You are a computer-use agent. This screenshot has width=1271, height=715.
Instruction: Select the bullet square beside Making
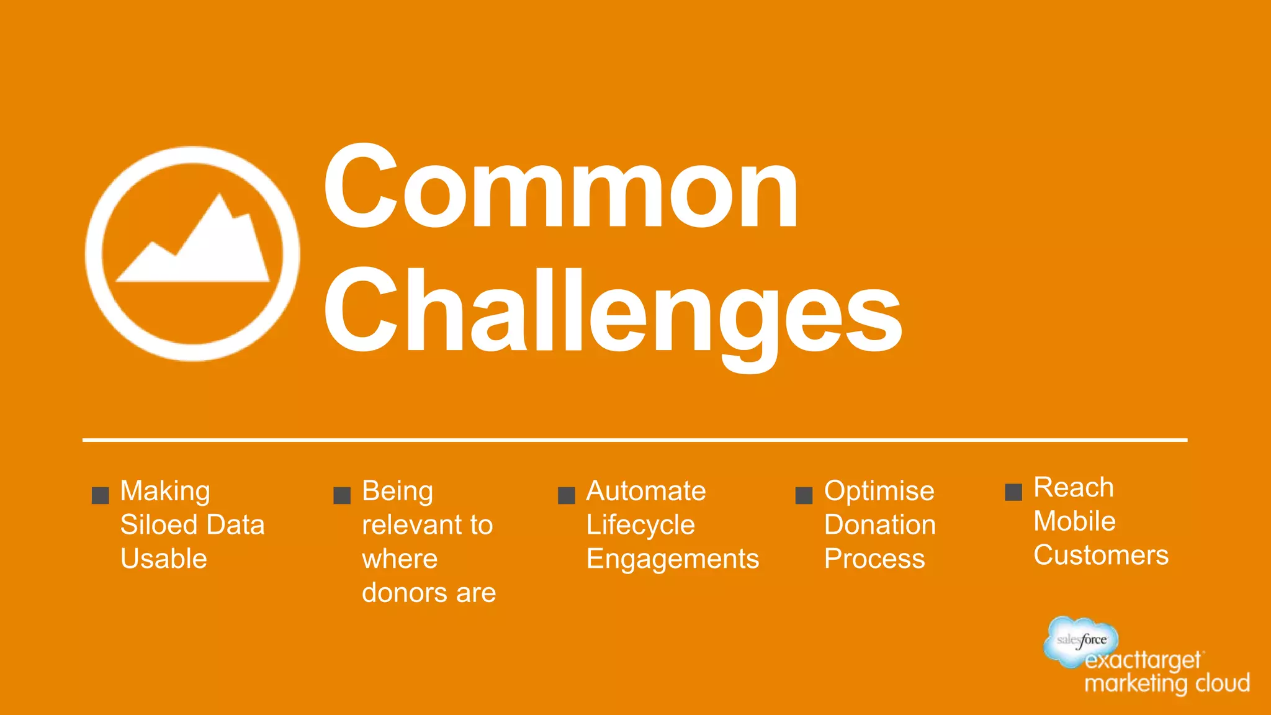coord(100,495)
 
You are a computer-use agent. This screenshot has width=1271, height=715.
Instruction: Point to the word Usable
coord(163,559)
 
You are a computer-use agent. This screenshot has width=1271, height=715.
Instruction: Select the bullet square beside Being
coord(342,495)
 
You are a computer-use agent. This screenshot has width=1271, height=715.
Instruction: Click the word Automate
coord(645,491)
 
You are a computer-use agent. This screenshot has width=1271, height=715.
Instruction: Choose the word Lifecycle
coord(640,526)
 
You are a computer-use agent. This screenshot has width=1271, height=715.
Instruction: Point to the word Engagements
coord(672,559)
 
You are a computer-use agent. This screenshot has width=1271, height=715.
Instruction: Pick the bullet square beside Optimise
coord(804,495)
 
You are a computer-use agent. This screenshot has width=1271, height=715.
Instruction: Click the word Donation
coord(879,525)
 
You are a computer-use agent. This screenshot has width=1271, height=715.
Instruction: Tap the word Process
coord(874,559)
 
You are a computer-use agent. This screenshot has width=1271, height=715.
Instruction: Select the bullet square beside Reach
coord(1013,492)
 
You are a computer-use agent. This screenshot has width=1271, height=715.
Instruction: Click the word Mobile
coord(1074,521)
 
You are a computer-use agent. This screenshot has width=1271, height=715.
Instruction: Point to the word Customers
coord(1100,555)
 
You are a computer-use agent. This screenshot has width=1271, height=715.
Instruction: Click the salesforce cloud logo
coord(1080,640)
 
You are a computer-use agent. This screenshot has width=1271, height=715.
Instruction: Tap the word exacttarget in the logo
coord(1142,660)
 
